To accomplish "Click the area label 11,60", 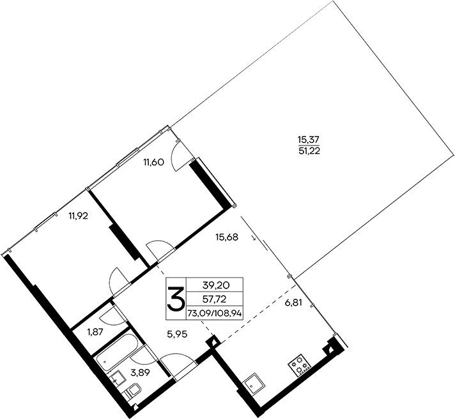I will (155, 162).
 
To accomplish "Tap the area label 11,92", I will (77, 215).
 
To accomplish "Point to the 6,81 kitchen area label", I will (292, 304).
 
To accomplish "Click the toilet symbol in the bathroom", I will (134, 391).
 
